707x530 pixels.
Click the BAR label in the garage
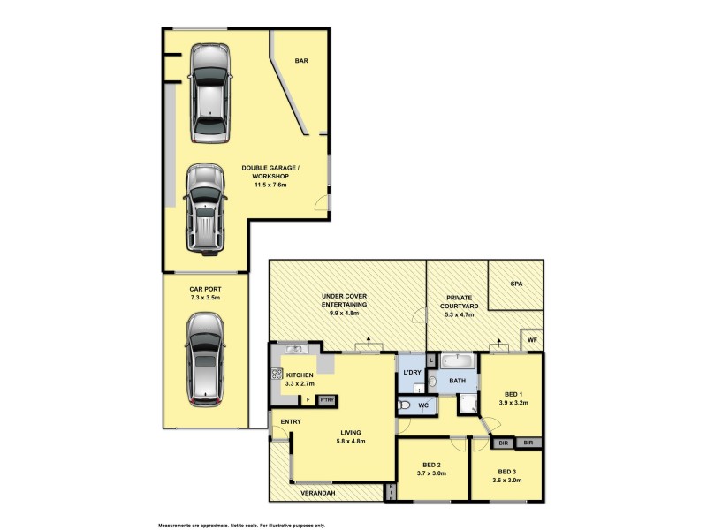pyautogui.click(x=300, y=61)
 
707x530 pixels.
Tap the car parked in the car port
pyautogui.click(x=204, y=362)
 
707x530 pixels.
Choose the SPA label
pyautogui.click(x=516, y=284)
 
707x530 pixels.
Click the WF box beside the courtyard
pyautogui.click(x=532, y=339)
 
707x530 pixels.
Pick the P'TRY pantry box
pyautogui.click(x=326, y=399)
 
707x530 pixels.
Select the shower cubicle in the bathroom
pyautogui.click(x=468, y=405)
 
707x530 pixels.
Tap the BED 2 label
pyautogui.click(x=432, y=465)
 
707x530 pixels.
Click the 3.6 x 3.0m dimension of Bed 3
pyautogui.click(x=509, y=481)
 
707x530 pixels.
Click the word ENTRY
pyautogui.click(x=291, y=421)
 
